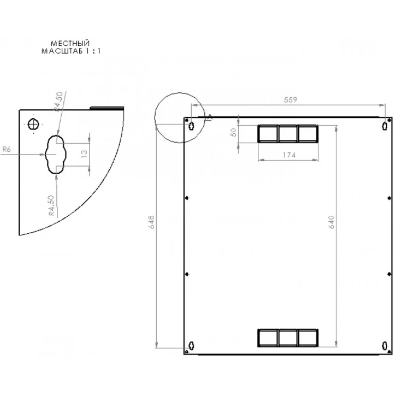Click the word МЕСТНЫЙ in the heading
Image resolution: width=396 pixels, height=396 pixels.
(x=69, y=43)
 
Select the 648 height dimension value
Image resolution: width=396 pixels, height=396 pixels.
(x=152, y=222)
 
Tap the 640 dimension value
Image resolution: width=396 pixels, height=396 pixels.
(x=331, y=222)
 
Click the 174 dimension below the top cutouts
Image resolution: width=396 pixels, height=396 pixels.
(x=288, y=155)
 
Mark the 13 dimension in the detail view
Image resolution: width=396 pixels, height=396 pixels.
(x=84, y=153)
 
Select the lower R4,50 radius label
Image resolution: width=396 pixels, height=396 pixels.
(x=51, y=205)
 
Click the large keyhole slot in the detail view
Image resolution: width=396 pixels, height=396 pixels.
(x=55, y=154)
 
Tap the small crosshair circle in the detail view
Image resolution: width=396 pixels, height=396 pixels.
(x=34, y=124)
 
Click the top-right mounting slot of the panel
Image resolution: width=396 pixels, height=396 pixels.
(x=386, y=126)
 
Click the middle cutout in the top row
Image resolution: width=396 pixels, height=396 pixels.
(x=288, y=134)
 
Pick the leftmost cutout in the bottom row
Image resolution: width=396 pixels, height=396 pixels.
(x=268, y=338)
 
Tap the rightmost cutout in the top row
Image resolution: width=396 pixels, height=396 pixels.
(x=308, y=134)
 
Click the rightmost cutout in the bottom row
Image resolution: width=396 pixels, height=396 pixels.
(x=308, y=338)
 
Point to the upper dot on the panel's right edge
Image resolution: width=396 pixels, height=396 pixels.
(x=388, y=198)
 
